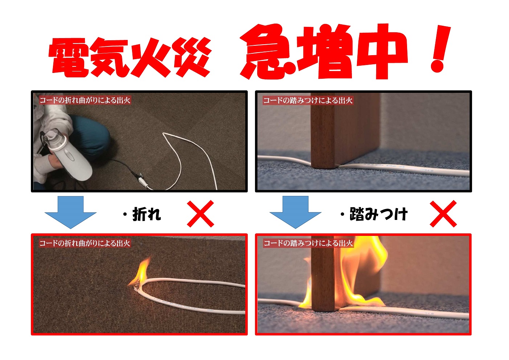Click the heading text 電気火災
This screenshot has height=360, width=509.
pos(130,57)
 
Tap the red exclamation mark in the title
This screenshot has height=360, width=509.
pos(440,49)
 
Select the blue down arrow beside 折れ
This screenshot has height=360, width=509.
pos(70,212)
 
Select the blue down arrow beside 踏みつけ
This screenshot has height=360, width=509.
pos(295,212)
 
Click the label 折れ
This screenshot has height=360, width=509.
pos(147,214)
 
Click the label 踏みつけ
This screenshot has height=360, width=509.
pos(378,214)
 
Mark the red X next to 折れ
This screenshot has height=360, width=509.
pos(200,214)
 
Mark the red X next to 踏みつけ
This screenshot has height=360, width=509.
pos(443,214)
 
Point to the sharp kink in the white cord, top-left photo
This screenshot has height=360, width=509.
pos(164,134)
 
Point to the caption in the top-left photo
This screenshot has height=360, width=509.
pos(85,100)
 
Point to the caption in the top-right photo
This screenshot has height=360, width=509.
pos(308,100)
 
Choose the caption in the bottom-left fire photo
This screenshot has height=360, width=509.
pos(85,243)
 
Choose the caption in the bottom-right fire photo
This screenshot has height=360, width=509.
pos(308,243)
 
